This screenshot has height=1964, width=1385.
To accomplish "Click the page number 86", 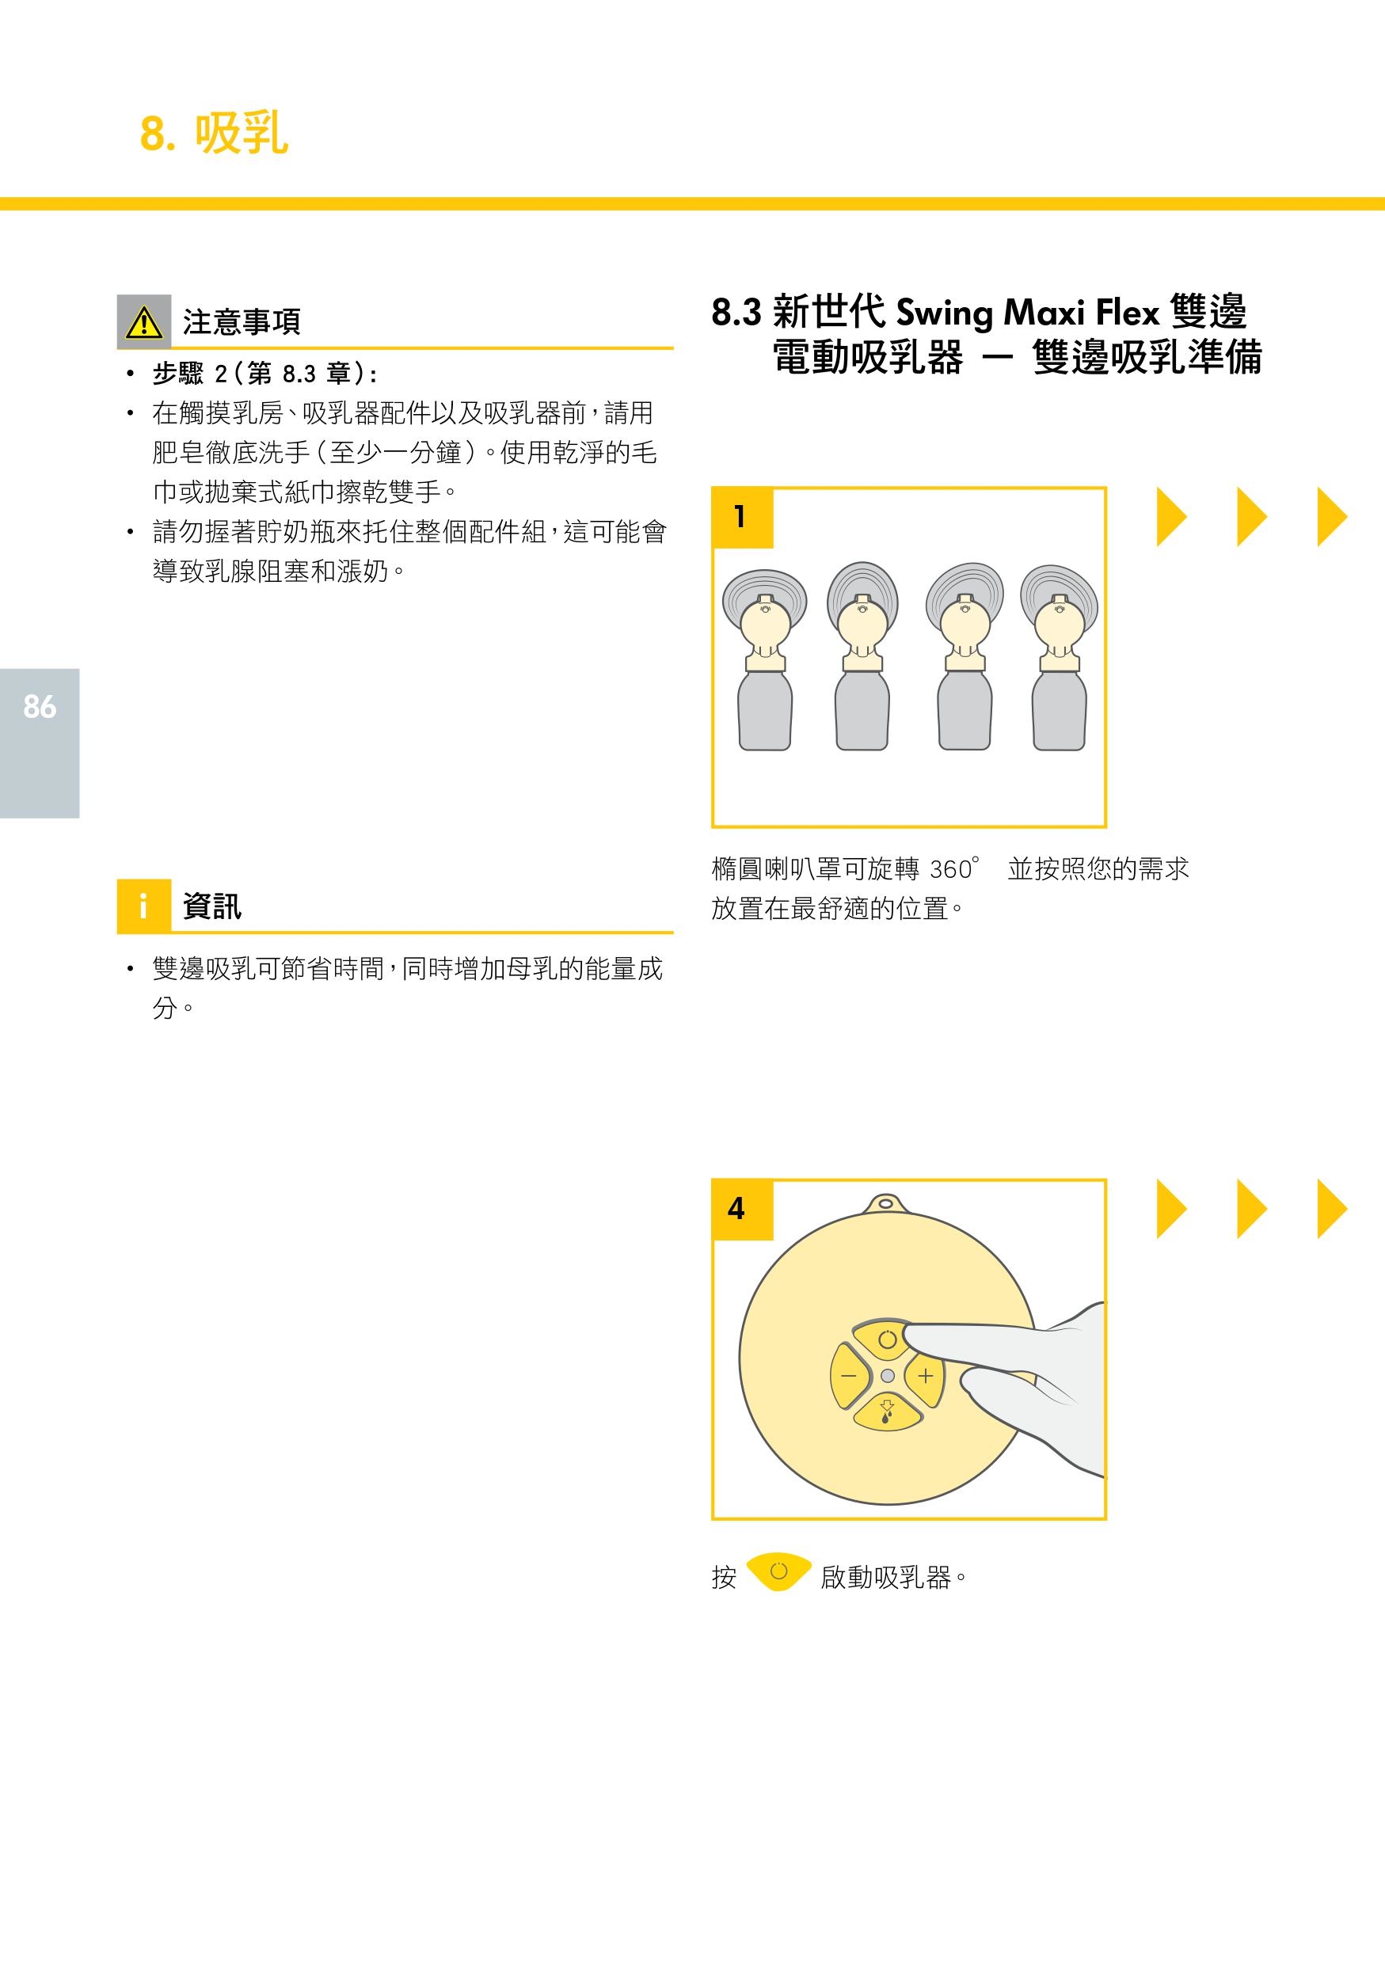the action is (40, 707).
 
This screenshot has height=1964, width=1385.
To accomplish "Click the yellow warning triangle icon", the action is (143, 321).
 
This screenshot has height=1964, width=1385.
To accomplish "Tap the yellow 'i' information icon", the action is (143, 905).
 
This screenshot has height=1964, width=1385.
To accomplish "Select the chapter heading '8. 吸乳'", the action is (214, 134).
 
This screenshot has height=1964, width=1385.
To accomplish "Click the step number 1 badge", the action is (742, 518).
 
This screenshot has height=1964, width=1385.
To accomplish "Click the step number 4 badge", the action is (742, 1209).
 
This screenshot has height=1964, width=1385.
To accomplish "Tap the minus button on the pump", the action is (850, 1376).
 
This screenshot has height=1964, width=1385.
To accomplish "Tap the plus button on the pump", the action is (925, 1376).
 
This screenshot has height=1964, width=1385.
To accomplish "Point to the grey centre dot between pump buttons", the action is (887, 1376).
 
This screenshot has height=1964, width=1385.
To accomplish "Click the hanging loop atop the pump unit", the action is (885, 1204).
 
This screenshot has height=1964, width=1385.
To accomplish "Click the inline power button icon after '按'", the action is (778, 1571).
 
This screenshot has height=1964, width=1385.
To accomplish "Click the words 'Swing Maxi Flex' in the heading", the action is (1026, 312).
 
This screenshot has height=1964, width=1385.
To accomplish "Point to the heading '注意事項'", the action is (242, 321).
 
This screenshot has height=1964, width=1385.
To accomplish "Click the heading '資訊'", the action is (212, 905).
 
